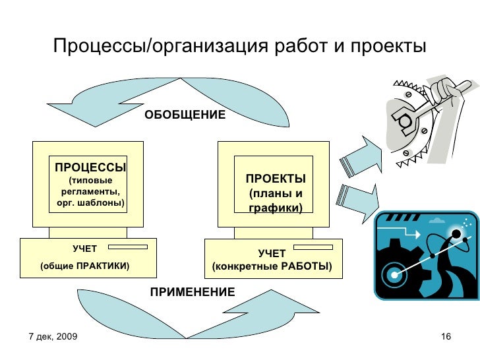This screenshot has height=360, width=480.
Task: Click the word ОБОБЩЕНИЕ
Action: (x=185, y=115)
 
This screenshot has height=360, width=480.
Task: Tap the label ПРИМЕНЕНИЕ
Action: (x=192, y=291)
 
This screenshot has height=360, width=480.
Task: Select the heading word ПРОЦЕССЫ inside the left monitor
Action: (x=90, y=167)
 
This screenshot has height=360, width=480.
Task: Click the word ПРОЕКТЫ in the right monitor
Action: (x=276, y=179)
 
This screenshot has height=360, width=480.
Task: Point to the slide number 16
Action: (x=445, y=337)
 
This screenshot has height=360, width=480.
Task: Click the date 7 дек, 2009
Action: (x=53, y=337)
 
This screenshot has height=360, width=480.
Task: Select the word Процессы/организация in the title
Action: (x=159, y=47)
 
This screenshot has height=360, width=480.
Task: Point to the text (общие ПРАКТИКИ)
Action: (x=85, y=266)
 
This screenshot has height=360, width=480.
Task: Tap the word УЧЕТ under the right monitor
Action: (x=272, y=253)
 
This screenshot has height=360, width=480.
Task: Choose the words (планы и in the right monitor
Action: (x=276, y=194)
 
